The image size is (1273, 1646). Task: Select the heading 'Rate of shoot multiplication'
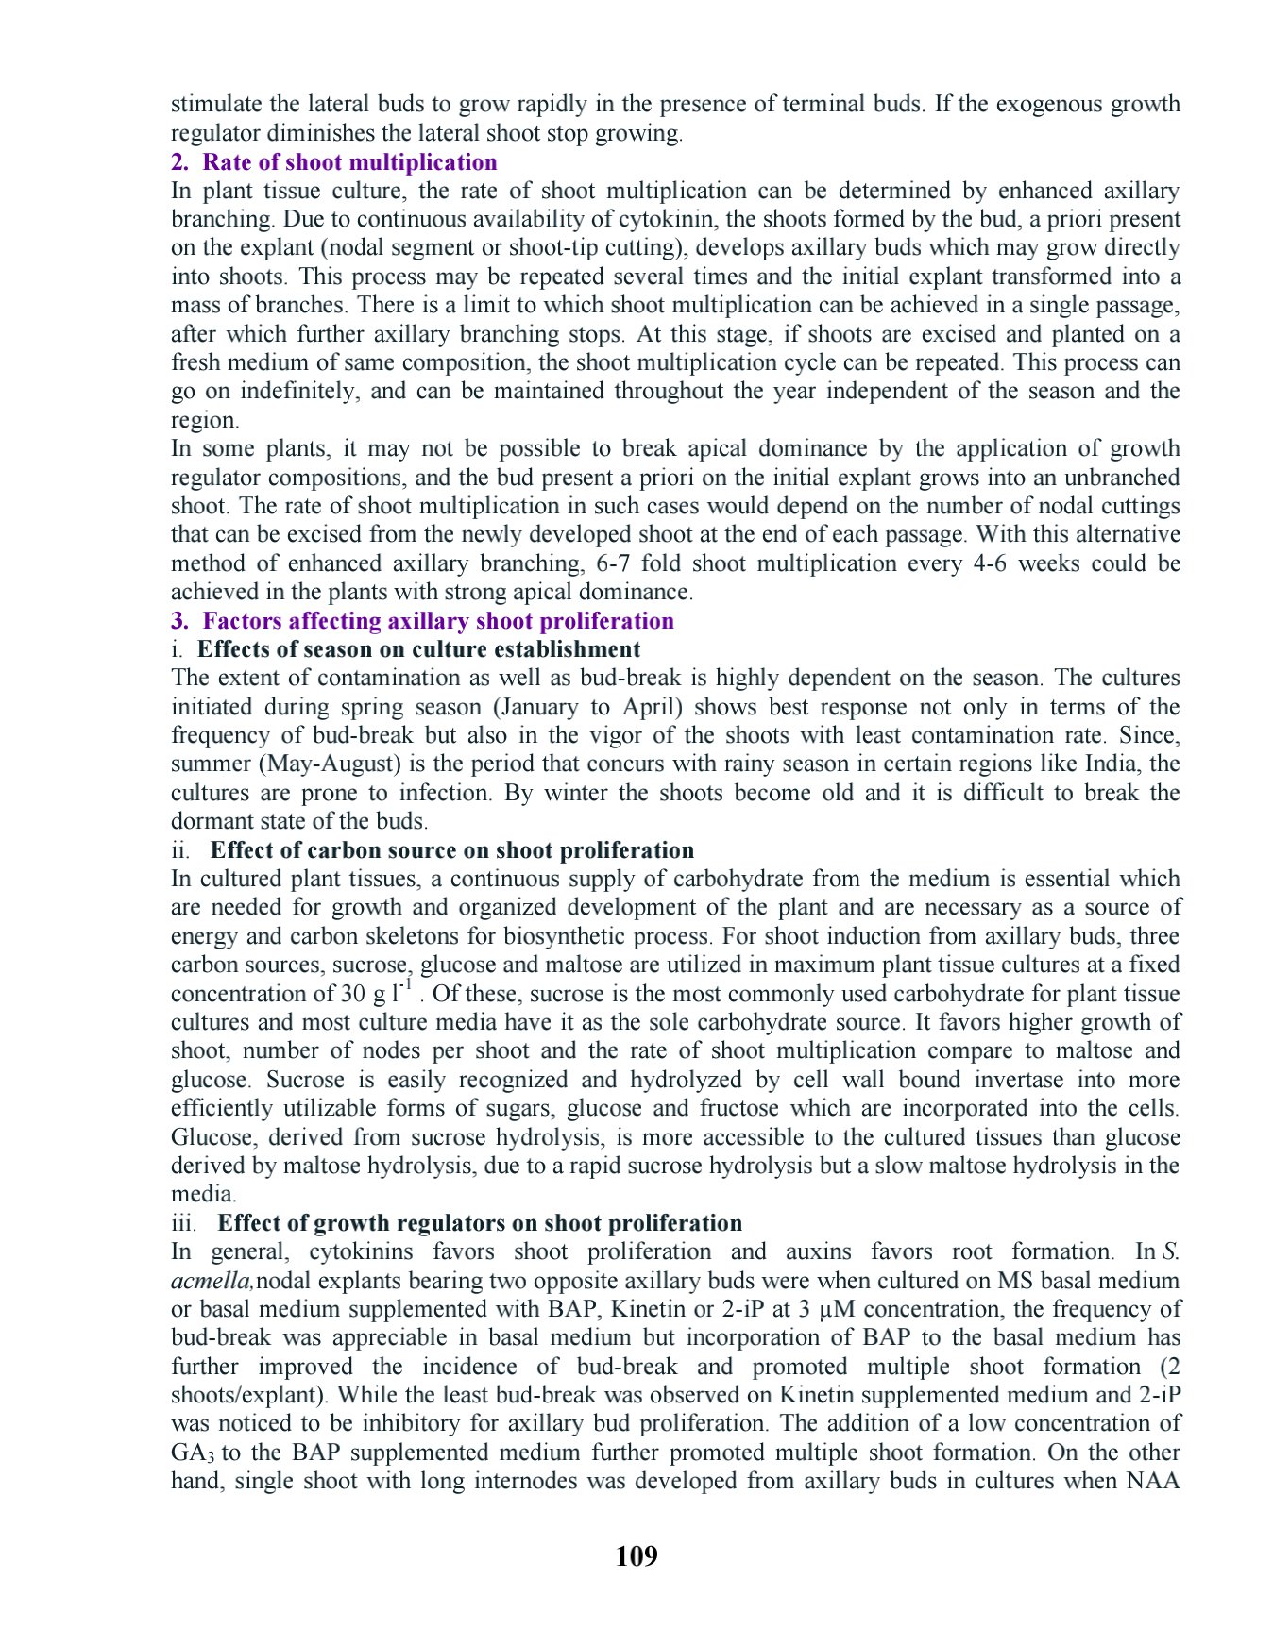click(x=349, y=162)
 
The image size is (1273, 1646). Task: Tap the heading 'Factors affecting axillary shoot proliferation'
click(x=438, y=621)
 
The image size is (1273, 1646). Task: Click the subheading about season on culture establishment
click(x=418, y=649)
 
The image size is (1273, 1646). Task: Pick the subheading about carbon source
click(x=451, y=850)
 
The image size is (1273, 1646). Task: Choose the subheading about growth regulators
click(x=480, y=1223)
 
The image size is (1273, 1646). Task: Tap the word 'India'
click(x=1101, y=764)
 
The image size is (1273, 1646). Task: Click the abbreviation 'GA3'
click(x=193, y=1453)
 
